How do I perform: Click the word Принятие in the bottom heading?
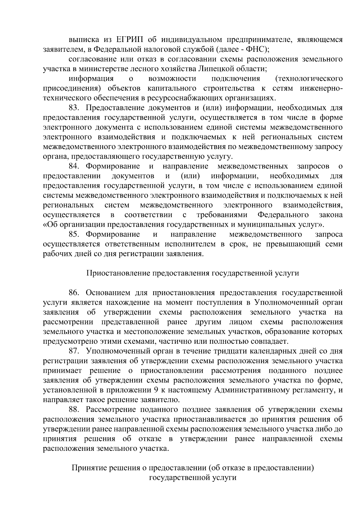point(87,468)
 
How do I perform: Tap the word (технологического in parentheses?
point(309,79)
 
